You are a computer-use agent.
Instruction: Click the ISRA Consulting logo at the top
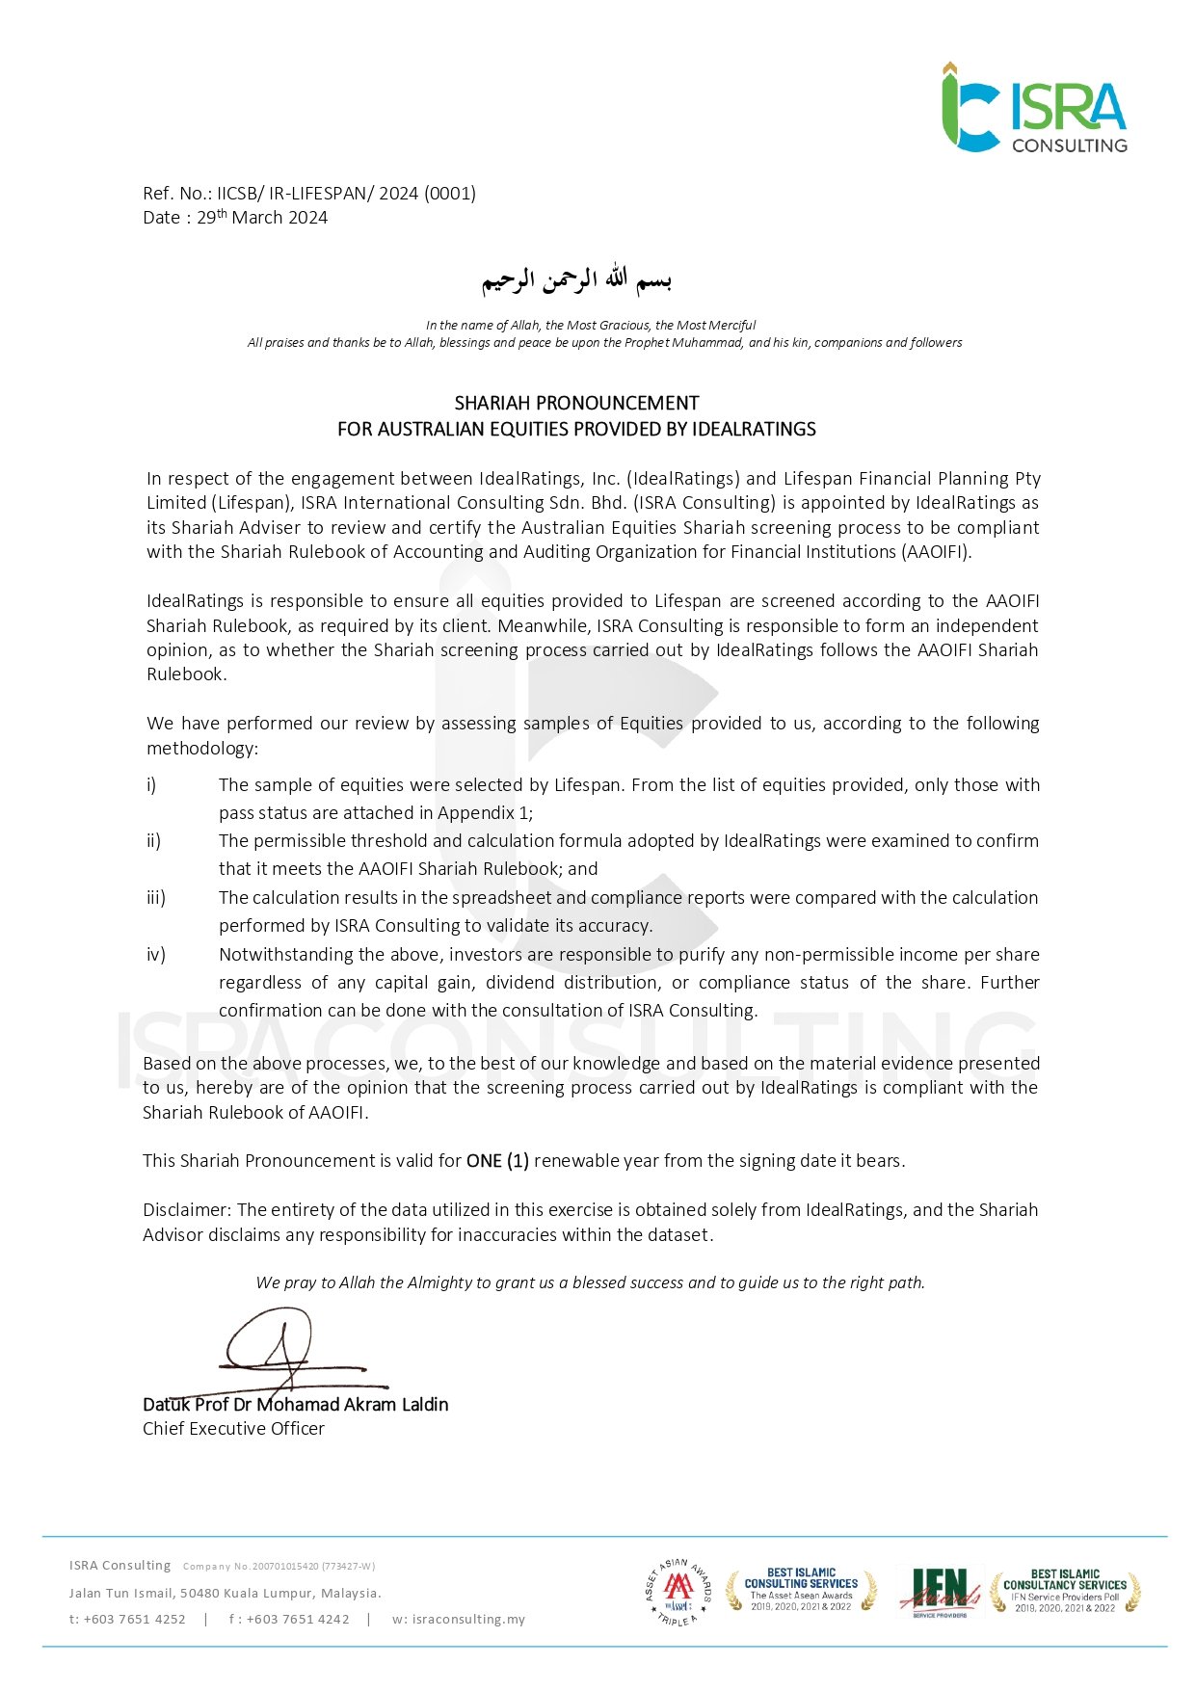[x=1034, y=108]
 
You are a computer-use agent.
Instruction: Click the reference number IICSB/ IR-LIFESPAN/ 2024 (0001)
[x=346, y=193]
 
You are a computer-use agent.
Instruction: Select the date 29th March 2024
[x=262, y=218]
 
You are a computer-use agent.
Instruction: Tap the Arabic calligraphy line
[x=576, y=279]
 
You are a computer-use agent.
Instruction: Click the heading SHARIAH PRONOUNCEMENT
[x=576, y=403]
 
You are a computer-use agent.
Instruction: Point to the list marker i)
[x=151, y=785]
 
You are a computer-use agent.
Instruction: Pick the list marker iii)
[x=156, y=898]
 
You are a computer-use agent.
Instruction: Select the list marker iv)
[x=156, y=955]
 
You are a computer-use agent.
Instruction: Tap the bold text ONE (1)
[x=497, y=1161]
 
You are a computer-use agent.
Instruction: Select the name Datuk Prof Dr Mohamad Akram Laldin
[x=295, y=1405]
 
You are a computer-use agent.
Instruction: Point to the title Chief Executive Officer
[x=233, y=1429]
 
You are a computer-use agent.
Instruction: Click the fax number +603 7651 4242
[x=298, y=1620]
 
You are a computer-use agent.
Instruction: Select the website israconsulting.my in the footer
[x=468, y=1620]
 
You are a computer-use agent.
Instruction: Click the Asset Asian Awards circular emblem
[x=678, y=1592]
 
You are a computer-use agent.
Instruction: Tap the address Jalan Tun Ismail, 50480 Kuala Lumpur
[x=225, y=1594]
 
